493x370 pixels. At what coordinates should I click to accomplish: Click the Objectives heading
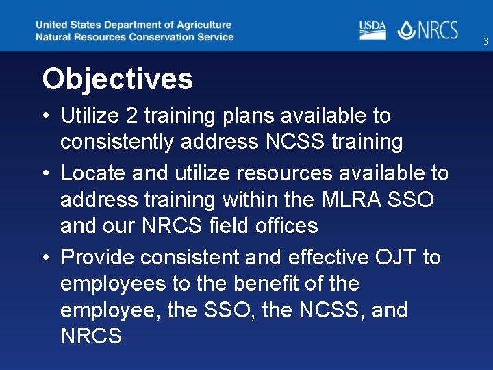coord(117,79)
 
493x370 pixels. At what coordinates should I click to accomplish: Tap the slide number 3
coord(485,42)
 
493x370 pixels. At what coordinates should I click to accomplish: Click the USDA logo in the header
coord(372,29)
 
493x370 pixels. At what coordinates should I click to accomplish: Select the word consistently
coord(118,142)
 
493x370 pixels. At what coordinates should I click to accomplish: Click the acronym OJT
coord(396,258)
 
